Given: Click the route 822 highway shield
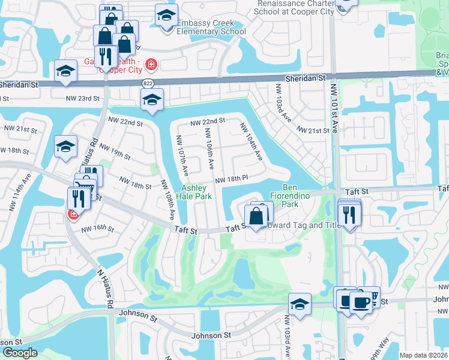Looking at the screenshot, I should point(148,82).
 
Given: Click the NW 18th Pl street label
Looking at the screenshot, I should point(231,179).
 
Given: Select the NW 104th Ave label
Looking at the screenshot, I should point(251,142).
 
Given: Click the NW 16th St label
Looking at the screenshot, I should point(97,228).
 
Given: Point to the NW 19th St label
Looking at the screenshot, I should point(115,152).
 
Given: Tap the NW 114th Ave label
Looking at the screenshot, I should point(26,185).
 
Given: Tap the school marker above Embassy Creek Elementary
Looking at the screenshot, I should point(166,16).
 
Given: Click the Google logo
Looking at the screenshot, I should point(20,353).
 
